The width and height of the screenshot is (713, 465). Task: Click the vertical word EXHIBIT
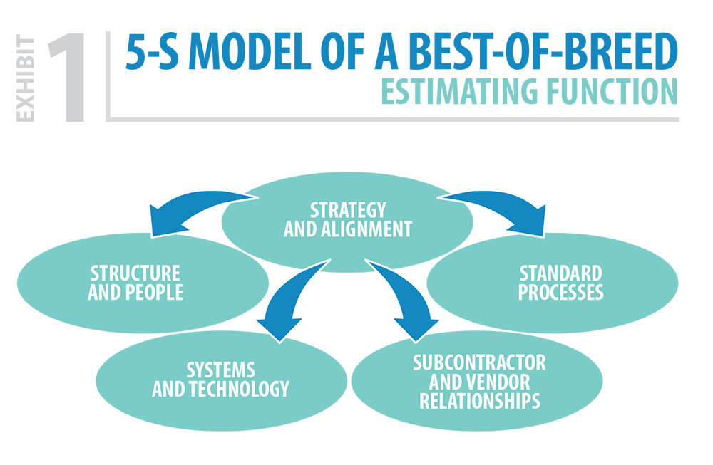[26, 78]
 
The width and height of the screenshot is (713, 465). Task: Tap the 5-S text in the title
[152, 52]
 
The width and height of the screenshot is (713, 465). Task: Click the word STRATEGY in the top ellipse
[348, 210]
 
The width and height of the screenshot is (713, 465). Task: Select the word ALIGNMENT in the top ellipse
[366, 229]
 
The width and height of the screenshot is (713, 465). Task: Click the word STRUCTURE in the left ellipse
[135, 273]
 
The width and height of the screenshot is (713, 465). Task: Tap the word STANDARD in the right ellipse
[560, 273]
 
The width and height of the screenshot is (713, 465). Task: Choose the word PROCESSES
[560, 293]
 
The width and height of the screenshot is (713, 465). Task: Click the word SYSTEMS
[220, 370]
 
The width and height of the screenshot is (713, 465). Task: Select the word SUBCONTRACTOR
[479, 363]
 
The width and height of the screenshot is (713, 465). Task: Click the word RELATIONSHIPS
[480, 401]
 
